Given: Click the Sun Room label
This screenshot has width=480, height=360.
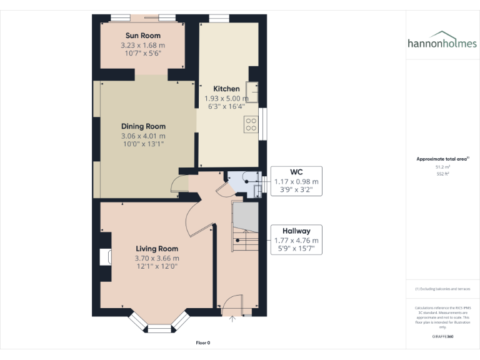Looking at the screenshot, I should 143,36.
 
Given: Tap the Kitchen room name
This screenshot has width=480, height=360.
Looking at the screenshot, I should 226,89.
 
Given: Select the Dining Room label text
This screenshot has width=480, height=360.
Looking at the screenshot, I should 143,126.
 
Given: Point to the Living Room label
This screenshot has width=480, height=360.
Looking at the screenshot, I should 157,249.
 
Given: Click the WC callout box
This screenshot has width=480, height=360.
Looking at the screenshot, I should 296,181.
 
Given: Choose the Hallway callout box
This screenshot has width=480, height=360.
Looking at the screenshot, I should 296,239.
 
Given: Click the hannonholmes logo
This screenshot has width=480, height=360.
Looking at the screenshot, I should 442,41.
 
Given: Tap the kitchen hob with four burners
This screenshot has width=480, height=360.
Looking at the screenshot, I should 251,124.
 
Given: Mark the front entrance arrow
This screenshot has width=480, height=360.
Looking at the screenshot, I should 232,320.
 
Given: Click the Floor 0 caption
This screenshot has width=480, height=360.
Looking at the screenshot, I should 203,342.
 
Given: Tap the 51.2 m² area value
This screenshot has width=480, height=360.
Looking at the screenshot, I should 442,167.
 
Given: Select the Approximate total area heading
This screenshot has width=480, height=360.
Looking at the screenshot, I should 442,159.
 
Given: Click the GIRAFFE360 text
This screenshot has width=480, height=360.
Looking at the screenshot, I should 442,337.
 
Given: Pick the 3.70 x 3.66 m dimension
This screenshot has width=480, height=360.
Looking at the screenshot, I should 157,258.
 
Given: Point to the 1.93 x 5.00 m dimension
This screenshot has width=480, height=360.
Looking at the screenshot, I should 226,98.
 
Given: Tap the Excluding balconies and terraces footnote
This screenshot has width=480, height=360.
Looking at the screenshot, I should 442,289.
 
